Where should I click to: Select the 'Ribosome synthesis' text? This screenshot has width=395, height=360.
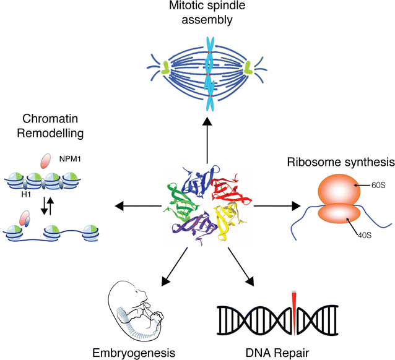(x=340, y=163)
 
